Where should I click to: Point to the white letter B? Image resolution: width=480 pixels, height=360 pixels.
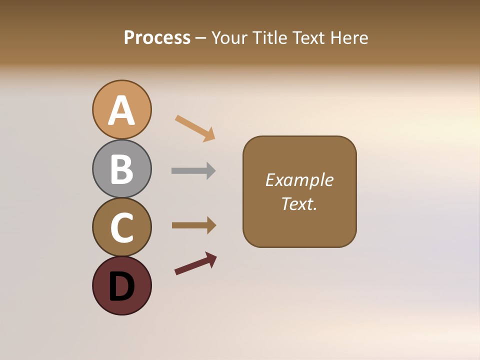[x=121, y=169]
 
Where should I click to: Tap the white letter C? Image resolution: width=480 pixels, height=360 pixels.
[x=121, y=227]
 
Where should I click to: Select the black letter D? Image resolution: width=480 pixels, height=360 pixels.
[x=121, y=286]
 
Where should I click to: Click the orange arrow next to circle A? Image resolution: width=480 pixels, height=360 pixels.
[x=194, y=128]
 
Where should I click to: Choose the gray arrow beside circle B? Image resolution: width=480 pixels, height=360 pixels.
[x=192, y=171]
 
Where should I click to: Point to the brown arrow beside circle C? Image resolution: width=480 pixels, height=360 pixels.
[x=192, y=225]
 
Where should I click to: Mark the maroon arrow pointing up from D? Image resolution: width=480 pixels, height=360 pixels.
[x=195, y=263]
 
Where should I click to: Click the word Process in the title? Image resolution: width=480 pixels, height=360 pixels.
[x=157, y=37]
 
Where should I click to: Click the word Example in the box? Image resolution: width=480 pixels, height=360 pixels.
[x=299, y=180]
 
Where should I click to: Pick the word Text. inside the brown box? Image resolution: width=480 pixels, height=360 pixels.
[x=299, y=203]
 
